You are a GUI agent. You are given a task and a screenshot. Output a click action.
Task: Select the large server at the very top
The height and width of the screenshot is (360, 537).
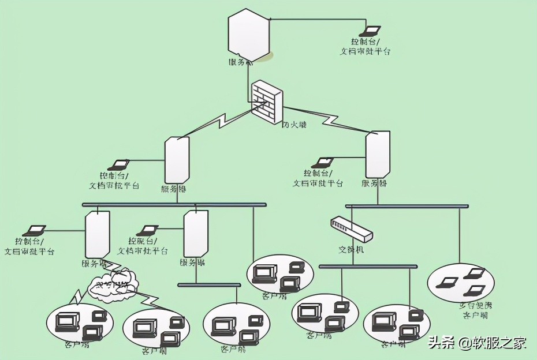(249, 35)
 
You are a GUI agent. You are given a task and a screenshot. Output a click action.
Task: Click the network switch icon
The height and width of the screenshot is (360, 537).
(352, 229)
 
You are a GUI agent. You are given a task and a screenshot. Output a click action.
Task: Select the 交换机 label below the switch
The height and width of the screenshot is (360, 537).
(352, 250)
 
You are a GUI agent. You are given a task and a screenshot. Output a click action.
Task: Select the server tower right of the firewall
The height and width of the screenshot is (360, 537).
(378, 154)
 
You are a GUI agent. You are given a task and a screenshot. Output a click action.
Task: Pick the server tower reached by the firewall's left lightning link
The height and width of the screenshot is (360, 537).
(177, 160)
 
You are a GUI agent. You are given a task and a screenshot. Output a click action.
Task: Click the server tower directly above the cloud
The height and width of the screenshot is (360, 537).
(98, 235)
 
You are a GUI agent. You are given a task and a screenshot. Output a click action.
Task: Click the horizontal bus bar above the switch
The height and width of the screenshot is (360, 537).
(407, 206)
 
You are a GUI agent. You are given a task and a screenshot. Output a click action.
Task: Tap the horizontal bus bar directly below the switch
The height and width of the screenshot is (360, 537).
(368, 267)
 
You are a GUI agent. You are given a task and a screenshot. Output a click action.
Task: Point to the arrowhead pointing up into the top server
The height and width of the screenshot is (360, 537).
(249, 64)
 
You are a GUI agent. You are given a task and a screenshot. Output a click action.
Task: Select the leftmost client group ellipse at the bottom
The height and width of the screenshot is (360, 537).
(80, 322)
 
